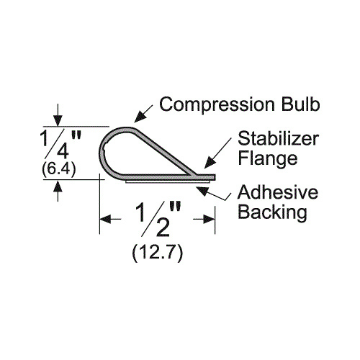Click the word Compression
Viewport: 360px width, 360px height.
pos(217,104)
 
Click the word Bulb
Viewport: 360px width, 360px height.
pos(301,104)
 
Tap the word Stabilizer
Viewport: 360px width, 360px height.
pos(279,139)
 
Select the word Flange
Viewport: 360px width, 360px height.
pos(268,159)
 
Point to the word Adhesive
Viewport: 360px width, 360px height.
pos(278,192)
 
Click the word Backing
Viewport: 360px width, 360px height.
pos(272,213)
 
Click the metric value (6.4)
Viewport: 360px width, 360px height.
pos(59,169)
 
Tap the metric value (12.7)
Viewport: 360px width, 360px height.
pos(158,253)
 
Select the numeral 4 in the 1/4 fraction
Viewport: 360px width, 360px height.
pos(63,151)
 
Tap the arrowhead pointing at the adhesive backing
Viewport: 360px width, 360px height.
pos(202,190)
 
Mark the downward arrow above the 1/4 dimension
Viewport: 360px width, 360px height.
pos(58,114)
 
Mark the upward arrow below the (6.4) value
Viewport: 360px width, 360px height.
pos(58,191)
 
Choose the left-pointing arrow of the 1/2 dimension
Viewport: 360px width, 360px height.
pos(110,219)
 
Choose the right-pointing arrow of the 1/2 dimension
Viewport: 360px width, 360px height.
pos(204,219)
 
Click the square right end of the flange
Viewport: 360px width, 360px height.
pos(214,177)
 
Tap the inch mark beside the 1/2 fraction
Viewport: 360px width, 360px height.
pos(175,207)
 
